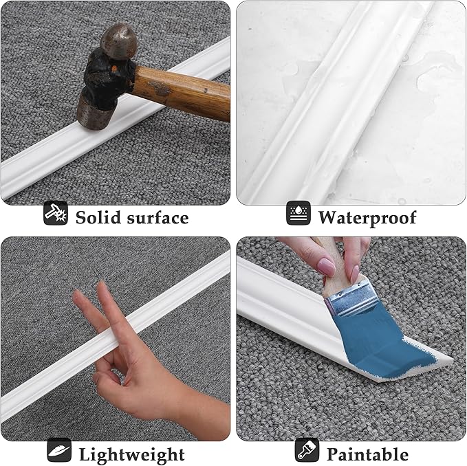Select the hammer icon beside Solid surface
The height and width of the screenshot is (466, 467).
55,214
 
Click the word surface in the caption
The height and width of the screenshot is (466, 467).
157,218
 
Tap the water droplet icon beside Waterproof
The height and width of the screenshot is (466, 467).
298,214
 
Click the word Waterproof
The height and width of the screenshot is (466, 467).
367,218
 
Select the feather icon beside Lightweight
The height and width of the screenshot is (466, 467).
59,450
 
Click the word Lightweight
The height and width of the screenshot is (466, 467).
131,454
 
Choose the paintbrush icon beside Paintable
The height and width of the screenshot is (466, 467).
306,450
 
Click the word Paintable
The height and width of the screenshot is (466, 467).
367,454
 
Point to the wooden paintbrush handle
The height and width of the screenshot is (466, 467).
329,265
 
